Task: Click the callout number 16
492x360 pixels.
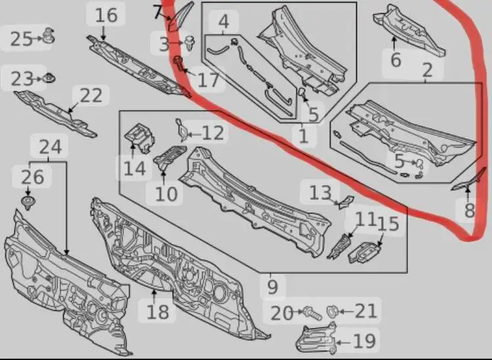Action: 106,15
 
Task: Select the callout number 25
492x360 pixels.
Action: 22,39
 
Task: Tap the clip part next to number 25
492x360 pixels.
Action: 49,35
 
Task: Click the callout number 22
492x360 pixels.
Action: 91,95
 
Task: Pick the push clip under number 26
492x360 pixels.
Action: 28,203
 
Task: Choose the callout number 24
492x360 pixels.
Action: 51,147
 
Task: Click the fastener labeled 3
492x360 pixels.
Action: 190,43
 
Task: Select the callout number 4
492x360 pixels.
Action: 223,22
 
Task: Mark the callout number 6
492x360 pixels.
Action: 396,60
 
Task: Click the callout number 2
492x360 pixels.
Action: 427,70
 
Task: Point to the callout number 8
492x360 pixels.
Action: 469,210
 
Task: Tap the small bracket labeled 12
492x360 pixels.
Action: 182,129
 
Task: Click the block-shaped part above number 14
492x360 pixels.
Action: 140,137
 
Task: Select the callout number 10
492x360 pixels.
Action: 167,194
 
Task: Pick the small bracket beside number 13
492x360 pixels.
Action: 346,201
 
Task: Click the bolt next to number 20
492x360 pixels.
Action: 312,313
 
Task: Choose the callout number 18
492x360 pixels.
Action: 158,311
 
